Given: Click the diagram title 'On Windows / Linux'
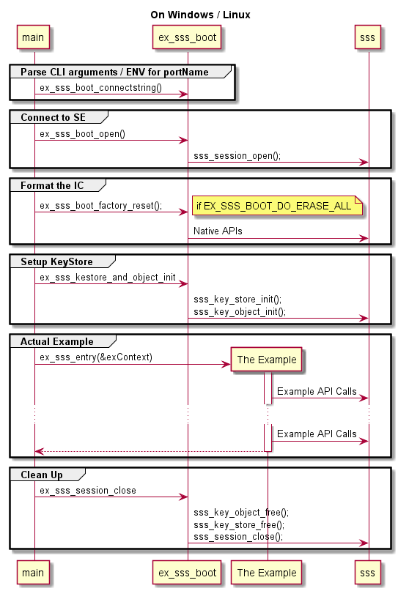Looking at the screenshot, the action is click(x=200, y=15).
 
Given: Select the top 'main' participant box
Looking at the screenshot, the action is click(x=33, y=37).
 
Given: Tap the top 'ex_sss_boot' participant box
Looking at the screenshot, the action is click(x=187, y=37).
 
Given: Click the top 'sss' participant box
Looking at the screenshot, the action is click(x=367, y=37).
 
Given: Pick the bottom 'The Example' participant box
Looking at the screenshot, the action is click(x=266, y=573).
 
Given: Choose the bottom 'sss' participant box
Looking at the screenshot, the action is click(x=367, y=573).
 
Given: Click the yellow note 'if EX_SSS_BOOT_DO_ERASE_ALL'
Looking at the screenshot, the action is click(x=277, y=206).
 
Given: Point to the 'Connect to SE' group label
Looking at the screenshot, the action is click(x=54, y=118).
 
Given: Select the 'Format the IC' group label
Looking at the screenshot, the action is click(x=52, y=185).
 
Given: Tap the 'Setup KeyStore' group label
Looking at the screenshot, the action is click(x=56, y=261).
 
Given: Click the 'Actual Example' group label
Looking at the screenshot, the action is click(x=57, y=341).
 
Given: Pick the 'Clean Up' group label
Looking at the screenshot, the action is click(x=42, y=475).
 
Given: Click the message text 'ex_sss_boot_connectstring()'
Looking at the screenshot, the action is click(x=100, y=88).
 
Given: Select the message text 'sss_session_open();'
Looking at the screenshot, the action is click(x=237, y=156).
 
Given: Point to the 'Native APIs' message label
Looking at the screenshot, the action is click(x=218, y=231).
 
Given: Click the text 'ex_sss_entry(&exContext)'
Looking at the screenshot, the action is click(x=96, y=357).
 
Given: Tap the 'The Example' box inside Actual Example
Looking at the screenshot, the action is click(x=266, y=360).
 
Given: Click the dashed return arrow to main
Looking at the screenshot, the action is click(x=151, y=451).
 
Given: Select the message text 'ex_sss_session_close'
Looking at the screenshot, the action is click(x=88, y=491).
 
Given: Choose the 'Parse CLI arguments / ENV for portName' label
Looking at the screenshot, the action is click(x=114, y=72).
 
